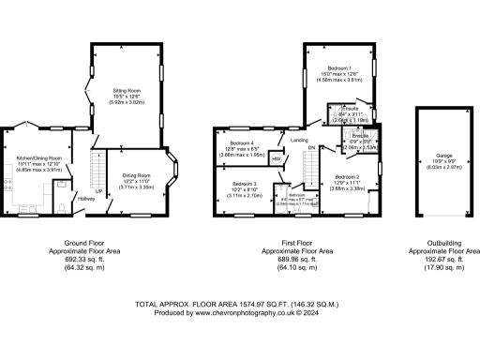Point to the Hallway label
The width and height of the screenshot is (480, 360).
click(86, 198)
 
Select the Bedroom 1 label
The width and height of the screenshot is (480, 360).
click(338, 68)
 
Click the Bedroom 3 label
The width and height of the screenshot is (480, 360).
click(242, 183)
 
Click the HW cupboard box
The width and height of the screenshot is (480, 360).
click(276, 158)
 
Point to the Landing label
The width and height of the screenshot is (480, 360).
click(300, 141)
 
